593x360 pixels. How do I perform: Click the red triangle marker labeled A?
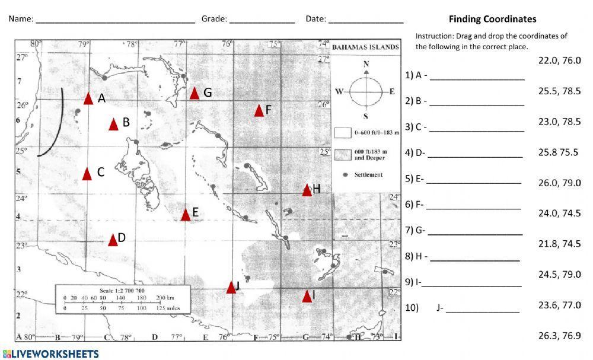pyautogui.click(x=88, y=98)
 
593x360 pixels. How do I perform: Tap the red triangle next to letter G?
pyautogui.click(x=195, y=94)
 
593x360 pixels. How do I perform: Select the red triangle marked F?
pyautogui.click(x=259, y=111)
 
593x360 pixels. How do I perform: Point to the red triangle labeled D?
pyautogui.click(x=113, y=240)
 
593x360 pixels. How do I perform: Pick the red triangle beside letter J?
pyautogui.click(x=231, y=288)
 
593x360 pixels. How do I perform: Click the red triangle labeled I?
pyautogui.click(x=307, y=297)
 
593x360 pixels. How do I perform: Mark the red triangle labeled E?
pyautogui.click(x=186, y=215)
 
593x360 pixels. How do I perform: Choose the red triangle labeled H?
pyautogui.click(x=307, y=190)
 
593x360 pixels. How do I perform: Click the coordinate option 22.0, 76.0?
pyautogui.click(x=559, y=60)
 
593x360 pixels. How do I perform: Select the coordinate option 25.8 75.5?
pyautogui.click(x=558, y=152)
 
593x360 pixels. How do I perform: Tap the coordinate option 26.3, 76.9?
pyautogui.click(x=559, y=336)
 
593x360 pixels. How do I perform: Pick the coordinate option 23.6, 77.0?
pyautogui.click(x=559, y=305)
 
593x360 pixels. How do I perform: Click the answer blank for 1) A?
pyautogui.click(x=477, y=75)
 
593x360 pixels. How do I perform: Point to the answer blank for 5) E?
pyautogui.click(x=473, y=179)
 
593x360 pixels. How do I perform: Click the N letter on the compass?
pyautogui.click(x=366, y=64)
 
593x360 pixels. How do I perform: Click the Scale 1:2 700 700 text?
pyautogui.click(x=123, y=291)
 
